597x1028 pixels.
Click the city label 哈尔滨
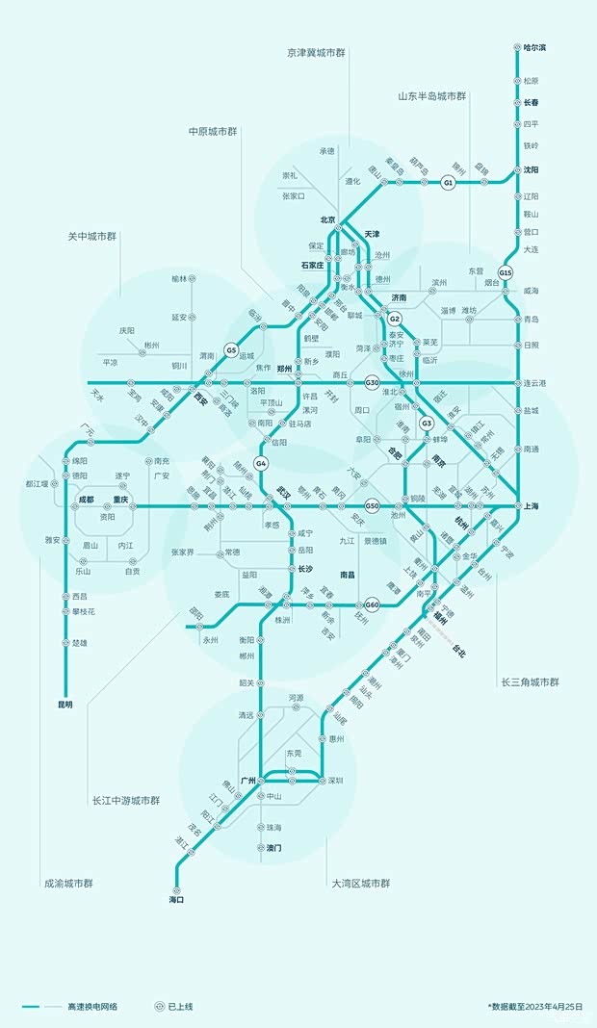tap(535, 47)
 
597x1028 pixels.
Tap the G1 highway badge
tap(448, 182)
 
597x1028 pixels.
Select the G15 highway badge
tap(506, 271)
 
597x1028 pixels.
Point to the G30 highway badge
tap(373, 383)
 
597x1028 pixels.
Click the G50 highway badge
tap(373, 505)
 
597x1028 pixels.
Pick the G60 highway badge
tap(373, 604)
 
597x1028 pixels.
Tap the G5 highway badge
tap(231, 350)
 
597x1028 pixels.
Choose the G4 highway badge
tap(261, 464)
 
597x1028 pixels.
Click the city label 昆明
tap(65, 705)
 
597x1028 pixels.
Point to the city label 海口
tap(176, 900)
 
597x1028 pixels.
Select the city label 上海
tap(532, 505)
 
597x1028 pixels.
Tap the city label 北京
tap(327, 219)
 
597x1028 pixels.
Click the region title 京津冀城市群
tap(318, 52)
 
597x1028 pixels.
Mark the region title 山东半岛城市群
tap(432, 96)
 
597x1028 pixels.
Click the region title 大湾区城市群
tap(361, 883)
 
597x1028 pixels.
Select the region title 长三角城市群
tap(530, 681)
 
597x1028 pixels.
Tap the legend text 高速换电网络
tap(92, 1006)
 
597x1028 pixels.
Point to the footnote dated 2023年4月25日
tap(536, 1006)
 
